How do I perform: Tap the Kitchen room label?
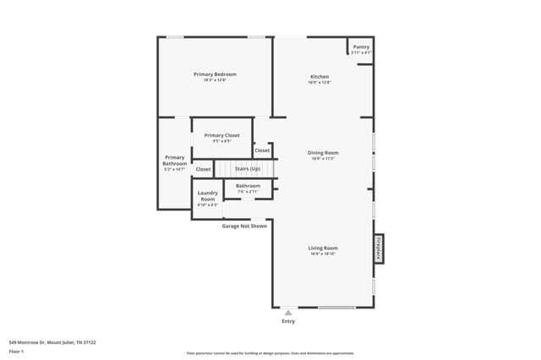[320, 77]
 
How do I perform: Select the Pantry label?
[361, 47]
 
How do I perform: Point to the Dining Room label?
[323, 153]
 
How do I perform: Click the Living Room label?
[323, 248]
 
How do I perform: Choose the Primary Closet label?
[221, 135]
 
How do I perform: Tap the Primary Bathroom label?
[174, 160]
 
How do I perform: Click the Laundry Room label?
[207, 196]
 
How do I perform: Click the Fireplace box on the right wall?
[379, 251]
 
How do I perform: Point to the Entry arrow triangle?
[288, 312]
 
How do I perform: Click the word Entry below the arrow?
[288, 321]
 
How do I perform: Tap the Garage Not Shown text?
[244, 226]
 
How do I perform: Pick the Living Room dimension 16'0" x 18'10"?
[323, 254]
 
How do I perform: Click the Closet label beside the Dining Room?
[262, 150]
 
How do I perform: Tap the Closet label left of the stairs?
[203, 169]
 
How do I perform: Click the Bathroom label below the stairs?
[248, 186]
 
